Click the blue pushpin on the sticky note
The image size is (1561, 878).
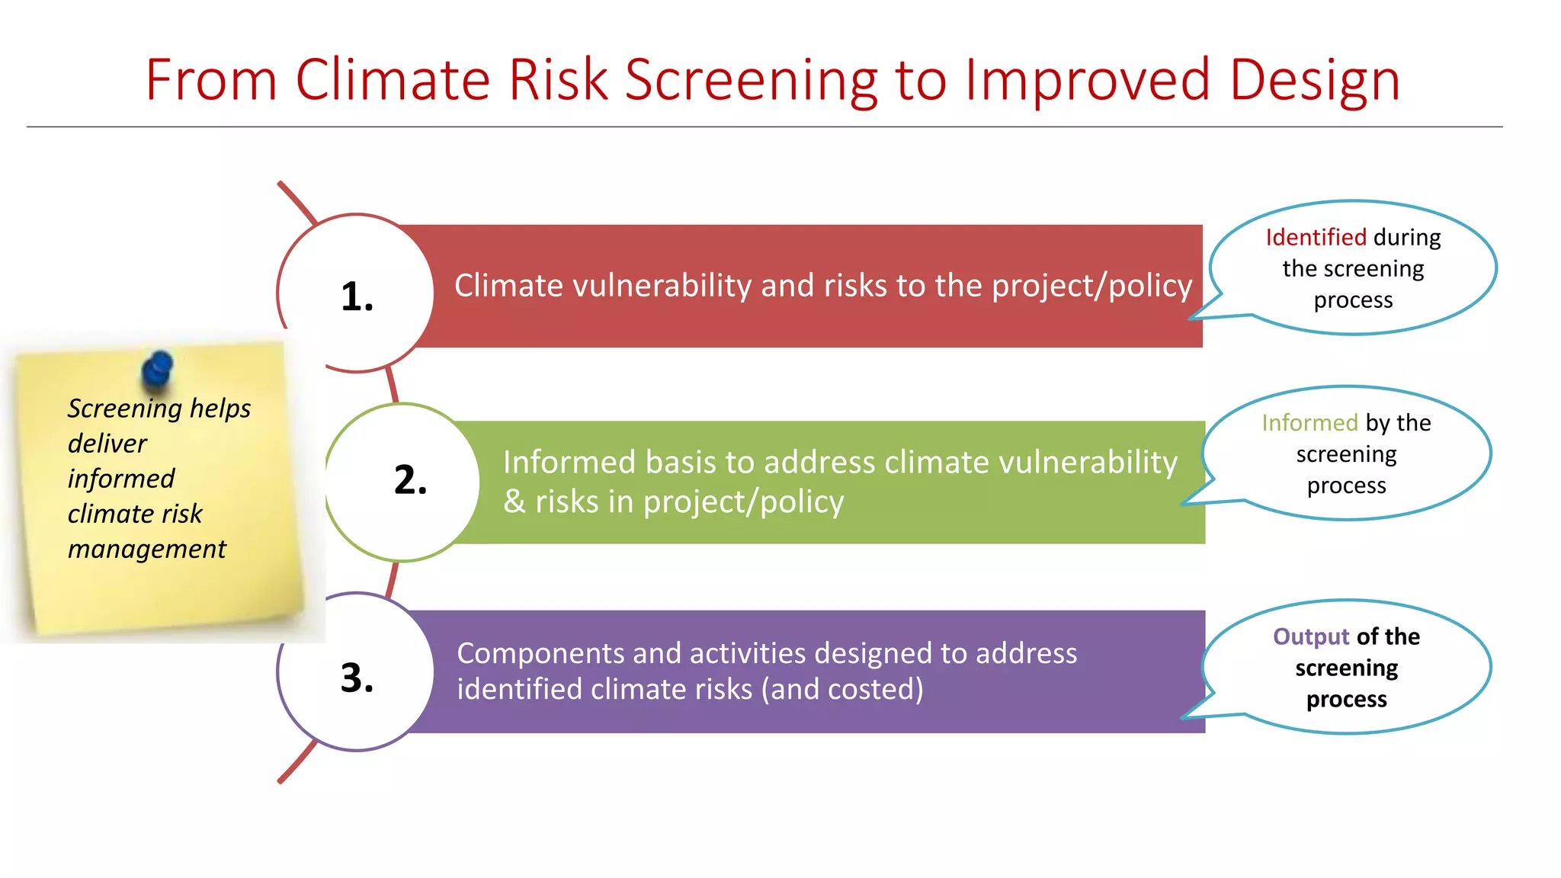click(157, 370)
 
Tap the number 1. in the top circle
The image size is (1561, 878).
click(357, 296)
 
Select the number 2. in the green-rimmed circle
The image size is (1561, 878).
click(410, 480)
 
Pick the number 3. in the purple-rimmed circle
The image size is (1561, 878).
click(357, 678)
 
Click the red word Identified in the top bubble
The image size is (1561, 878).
click(1316, 237)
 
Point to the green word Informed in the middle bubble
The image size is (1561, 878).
click(1309, 422)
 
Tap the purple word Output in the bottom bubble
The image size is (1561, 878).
click(1311, 636)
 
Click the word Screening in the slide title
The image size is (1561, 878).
click(750, 81)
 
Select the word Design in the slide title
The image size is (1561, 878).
click(1314, 81)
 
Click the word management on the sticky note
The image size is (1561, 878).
click(146, 549)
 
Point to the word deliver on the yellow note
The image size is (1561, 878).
click(107, 444)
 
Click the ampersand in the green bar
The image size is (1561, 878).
click(514, 502)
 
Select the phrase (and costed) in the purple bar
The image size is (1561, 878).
click(841, 689)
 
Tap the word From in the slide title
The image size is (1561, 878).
click(210, 81)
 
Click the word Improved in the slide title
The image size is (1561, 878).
click(1086, 81)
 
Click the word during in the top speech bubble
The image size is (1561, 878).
click(1406, 237)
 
